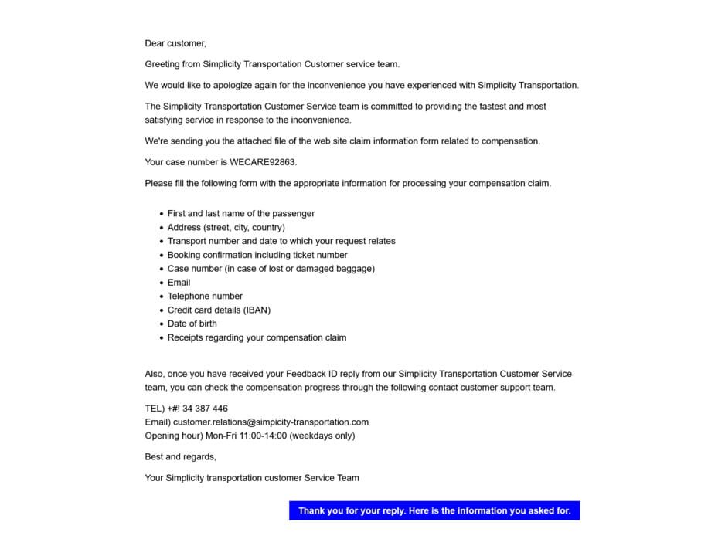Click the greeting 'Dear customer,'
coord(175,43)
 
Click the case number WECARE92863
coord(263,162)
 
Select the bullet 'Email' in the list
coord(179,283)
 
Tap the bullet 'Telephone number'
coord(205,297)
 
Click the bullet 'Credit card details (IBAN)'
coord(219,310)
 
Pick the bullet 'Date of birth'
coord(192,324)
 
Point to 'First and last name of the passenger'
coord(241,214)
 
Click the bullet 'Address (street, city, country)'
coord(226,228)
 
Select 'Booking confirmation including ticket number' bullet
coord(257,256)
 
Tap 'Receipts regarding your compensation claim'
coord(257,338)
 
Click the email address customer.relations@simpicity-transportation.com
coord(271,422)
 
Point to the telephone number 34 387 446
coord(205,409)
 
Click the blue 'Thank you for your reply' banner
coord(434,511)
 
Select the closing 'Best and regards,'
coord(180,457)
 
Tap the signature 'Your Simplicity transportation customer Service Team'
coord(252,478)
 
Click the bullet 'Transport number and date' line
coord(281,242)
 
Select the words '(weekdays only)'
coord(322,436)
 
